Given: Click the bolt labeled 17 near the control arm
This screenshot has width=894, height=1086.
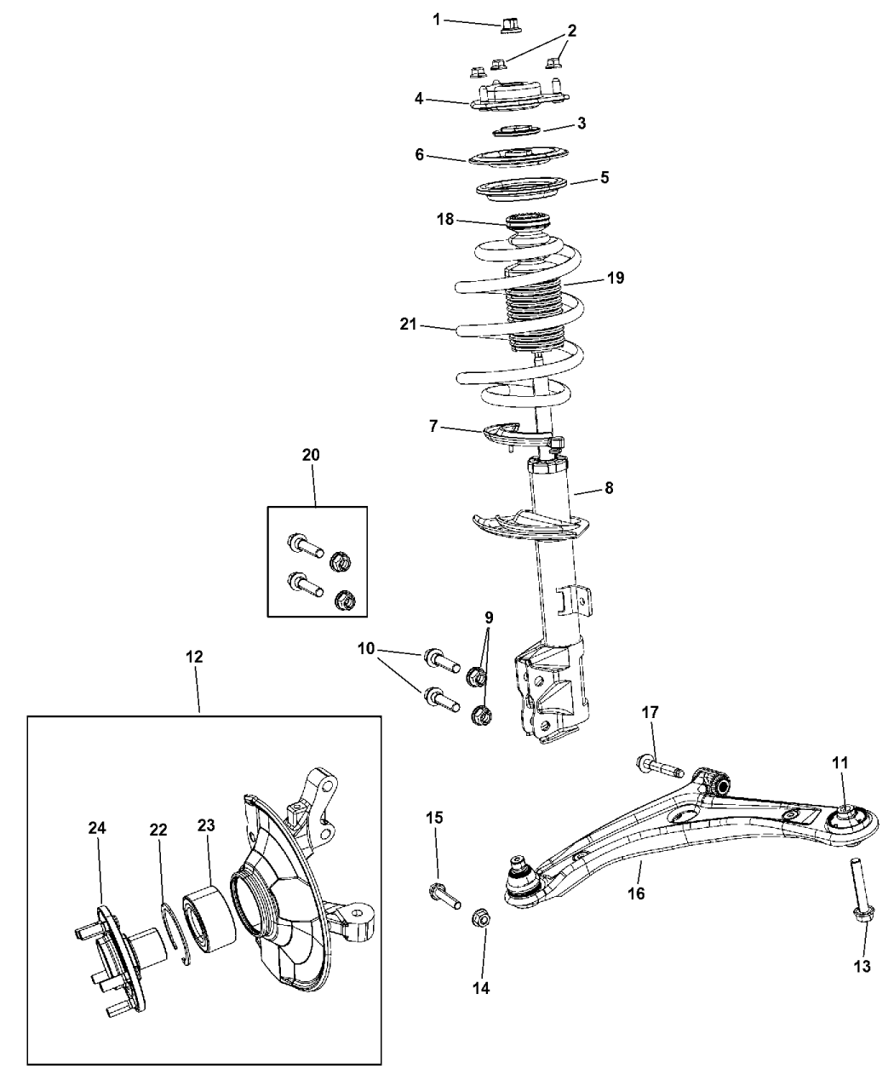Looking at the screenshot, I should pyautogui.click(x=659, y=768).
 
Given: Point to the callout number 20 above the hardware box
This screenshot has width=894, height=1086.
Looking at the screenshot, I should pyautogui.click(x=311, y=455).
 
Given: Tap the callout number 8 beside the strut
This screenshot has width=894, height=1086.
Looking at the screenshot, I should pyautogui.click(x=608, y=488).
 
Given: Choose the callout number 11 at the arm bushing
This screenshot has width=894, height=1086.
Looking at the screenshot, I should pyautogui.click(x=840, y=764).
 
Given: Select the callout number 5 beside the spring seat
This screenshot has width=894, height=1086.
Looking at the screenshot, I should pyautogui.click(x=604, y=178).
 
